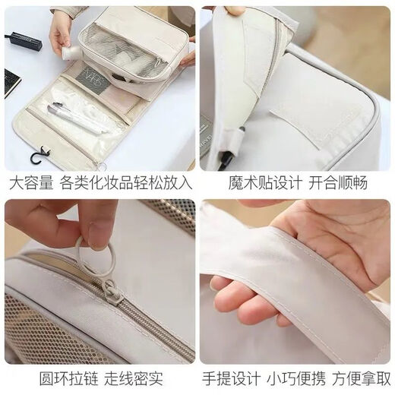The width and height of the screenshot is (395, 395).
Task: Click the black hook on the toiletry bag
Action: point(36,159)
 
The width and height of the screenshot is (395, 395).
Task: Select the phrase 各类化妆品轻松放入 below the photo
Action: point(128,183)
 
